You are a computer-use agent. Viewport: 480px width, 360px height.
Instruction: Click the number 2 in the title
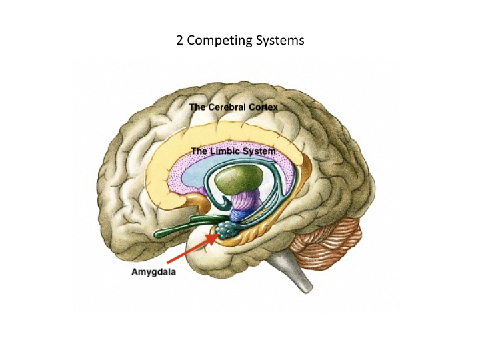click(180, 41)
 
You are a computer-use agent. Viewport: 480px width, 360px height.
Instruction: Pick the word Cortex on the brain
click(261, 107)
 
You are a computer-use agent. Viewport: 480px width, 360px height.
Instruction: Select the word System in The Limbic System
click(259, 151)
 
